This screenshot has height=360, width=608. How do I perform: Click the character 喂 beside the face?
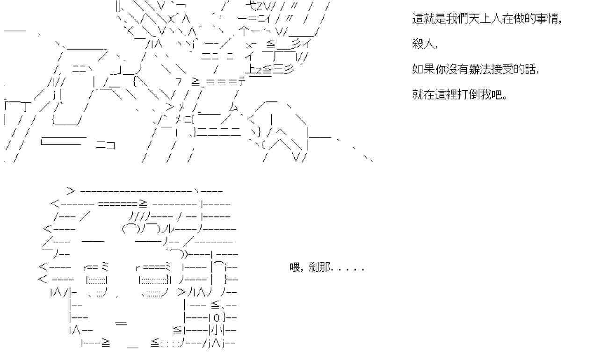295,268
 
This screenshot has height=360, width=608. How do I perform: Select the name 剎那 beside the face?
319,268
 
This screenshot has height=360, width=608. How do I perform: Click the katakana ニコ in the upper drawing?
106,145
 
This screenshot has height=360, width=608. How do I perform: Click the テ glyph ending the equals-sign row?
242,82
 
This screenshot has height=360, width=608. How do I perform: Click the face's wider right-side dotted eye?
153,281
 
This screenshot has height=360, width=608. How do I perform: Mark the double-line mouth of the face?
121,323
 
